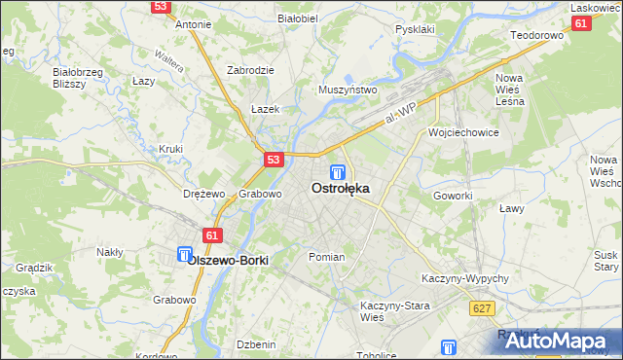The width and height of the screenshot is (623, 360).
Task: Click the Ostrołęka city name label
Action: coord(340,190)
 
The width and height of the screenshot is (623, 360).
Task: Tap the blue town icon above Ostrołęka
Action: coord(336,172)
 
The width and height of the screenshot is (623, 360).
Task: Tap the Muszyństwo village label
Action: coord(348,90)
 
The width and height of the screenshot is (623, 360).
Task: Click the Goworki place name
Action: coord(453,195)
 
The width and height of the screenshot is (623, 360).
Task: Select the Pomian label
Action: coord(326,257)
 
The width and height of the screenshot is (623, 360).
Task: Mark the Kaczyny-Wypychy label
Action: coord(465,278)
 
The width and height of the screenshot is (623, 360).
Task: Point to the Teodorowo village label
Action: coord(537,35)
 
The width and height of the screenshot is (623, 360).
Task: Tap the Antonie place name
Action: coord(193,25)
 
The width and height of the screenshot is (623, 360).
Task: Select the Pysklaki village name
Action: coord(415,29)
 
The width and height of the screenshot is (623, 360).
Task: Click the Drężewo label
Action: coord(204,194)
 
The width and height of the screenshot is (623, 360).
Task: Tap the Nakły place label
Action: coord(109,252)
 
